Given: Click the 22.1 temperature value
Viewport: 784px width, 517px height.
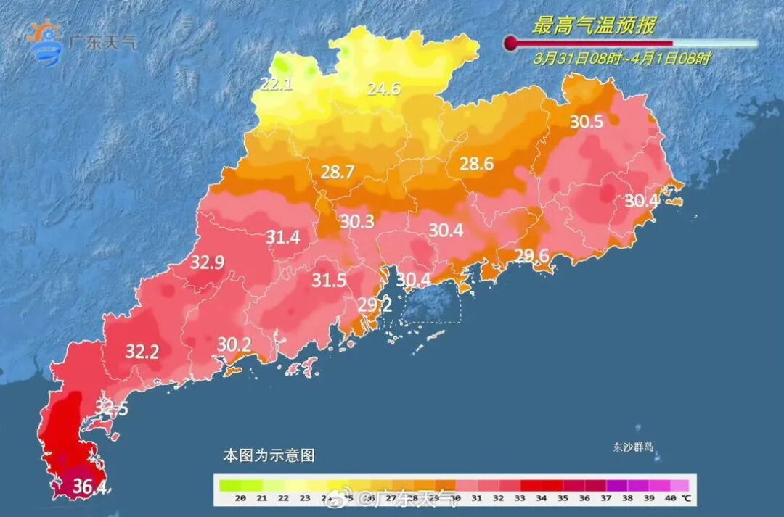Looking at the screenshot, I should pyautogui.click(x=276, y=84).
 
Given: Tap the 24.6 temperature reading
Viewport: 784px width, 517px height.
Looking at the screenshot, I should pyautogui.click(x=383, y=89).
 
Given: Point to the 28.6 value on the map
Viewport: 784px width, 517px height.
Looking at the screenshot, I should pyautogui.click(x=476, y=165).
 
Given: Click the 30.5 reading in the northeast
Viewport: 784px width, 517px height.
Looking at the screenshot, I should pyautogui.click(x=586, y=122).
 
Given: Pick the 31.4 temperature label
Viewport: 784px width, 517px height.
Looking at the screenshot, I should pyautogui.click(x=283, y=236).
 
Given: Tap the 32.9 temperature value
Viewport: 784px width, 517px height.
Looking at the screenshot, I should pyautogui.click(x=207, y=262).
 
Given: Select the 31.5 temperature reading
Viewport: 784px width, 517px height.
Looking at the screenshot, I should pyautogui.click(x=329, y=281).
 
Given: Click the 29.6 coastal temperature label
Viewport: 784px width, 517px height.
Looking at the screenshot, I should pyautogui.click(x=531, y=255).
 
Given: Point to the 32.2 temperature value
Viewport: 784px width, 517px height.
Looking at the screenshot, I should pyautogui.click(x=142, y=352).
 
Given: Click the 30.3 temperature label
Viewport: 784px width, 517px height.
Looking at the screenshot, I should pyautogui.click(x=357, y=221).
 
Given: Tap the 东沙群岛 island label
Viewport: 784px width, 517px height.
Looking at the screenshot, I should pyautogui.click(x=632, y=447).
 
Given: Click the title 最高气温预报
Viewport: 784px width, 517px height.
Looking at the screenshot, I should pyautogui.click(x=594, y=26).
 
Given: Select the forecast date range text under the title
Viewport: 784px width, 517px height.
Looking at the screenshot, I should pyautogui.click(x=621, y=59).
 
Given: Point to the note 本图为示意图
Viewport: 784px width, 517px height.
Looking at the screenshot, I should pyautogui.click(x=268, y=455).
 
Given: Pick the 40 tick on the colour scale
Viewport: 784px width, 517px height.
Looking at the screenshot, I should pyautogui.click(x=669, y=498).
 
